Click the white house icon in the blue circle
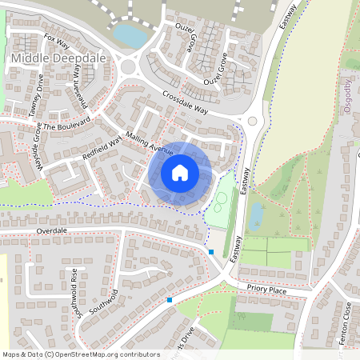180,172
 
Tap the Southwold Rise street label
73,284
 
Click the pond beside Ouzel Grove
129,35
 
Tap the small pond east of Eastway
255,215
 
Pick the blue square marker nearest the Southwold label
170,300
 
